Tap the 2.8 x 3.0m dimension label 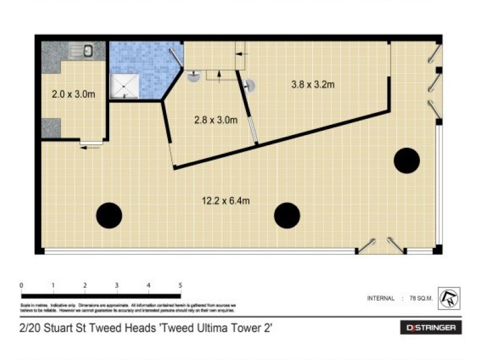pos(216,120)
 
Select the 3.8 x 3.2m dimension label pos(313,85)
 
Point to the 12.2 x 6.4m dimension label pos(226,201)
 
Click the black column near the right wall pos(406,160)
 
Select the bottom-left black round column pos(109,215)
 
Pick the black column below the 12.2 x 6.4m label pos(287,215)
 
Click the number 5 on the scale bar pos(180,285)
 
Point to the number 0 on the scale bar pos(21,285)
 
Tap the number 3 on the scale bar pos(116,285)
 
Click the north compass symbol pos(449,298)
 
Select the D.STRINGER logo pos(431,328)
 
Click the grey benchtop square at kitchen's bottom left pos(51,128)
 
